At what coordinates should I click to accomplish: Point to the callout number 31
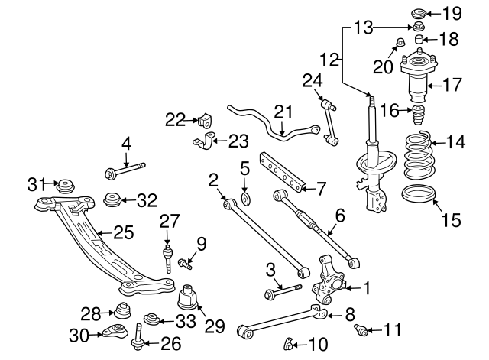[37, 183]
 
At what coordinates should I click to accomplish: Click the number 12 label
[329, 57]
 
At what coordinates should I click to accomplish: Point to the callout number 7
[321, 186]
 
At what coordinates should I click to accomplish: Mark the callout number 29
[215, 326]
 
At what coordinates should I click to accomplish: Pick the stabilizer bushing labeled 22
[204, 120]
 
